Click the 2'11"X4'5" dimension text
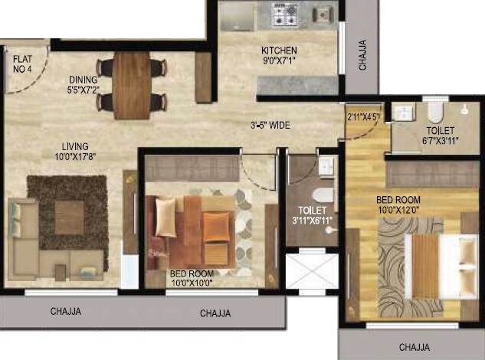(364, 117)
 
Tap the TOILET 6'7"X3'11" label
(438, 135)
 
